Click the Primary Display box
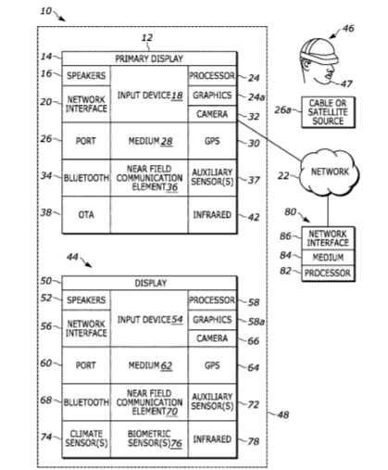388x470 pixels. [149, 58]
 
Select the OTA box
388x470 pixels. [86, 214]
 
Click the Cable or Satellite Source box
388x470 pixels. [328, 112]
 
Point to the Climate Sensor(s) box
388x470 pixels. [86, 438]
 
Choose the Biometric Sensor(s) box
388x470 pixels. [149, 438]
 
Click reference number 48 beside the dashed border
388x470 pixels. [283, 414]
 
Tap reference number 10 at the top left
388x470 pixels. [46, 11]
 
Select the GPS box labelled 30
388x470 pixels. [212, 141]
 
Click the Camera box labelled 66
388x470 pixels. [212, 338]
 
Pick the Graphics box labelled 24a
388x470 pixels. [212, 95]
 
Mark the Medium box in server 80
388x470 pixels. [328, 258]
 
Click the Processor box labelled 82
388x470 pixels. [328, 273]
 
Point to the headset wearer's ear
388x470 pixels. [307, 65]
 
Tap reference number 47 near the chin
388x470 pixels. [346, 83]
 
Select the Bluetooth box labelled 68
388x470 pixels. [86, 402]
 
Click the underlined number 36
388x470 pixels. [172, 187]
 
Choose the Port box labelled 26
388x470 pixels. [86, 141]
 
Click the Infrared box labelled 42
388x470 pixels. [212, 214]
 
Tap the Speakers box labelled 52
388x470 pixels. [86, 299]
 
